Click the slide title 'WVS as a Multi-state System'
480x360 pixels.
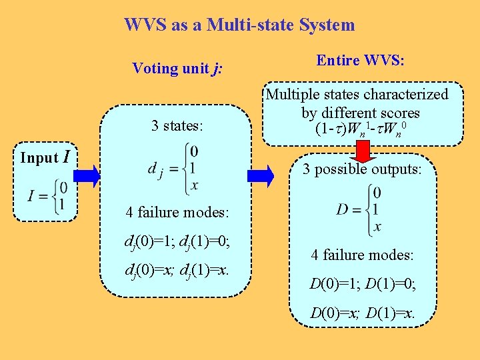point(239,25)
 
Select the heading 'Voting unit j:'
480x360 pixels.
point(177,69)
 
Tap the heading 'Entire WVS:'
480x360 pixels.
point(361,61)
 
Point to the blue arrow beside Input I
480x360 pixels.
point(87,176)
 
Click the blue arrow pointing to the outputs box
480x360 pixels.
point(261,176)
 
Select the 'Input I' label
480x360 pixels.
point(45,158)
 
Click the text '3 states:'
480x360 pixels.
point(177,125)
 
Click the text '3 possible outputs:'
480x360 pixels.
point(362,169)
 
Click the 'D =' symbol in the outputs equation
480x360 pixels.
point(348,210)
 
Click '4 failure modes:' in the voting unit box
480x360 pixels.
point(177,213)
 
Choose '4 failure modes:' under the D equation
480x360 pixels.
point(362,255)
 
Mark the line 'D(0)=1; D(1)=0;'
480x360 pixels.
point(362,285)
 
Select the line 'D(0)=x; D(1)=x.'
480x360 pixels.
point(362,313)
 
